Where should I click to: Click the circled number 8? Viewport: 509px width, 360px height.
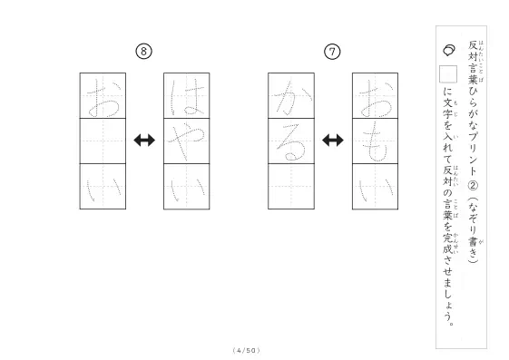pyautogui.click(x=143, y=52)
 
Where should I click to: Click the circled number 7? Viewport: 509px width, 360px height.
pyautogui.click(x=332, y=52)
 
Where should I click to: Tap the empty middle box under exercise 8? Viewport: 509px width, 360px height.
pyautogui.click(x=103, y=141)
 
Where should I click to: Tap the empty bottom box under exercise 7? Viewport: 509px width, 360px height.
pyautogui.click(x=291, y=187)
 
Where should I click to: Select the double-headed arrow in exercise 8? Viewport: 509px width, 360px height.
pyautogui.click(x=144, y=141)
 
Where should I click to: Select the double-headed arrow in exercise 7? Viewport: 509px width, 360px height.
pyautogui.click(x=333, y=141)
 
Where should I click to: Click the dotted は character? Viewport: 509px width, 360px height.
pyautogui.click(x=187, y=97)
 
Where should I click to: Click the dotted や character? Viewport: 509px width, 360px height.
pyautogui.click(x=186, y=141)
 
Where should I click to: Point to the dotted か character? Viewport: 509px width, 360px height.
pyautogui.click(x=292, y=98)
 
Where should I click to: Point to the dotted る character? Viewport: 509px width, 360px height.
pyautogui.click(x=291, y=142)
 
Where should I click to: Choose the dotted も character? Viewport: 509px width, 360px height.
pyautogui.click(x=375, y=142)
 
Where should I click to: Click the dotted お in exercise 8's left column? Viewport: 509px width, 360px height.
pyautogui.click(x=103, y=98)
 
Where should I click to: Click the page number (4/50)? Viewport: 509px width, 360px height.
pyautogui.click(x=247, y=350)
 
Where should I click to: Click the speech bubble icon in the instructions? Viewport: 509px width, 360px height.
pyautogui.click(x=449, y=50)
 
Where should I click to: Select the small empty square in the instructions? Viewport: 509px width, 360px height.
pyautogui.click(x=448, y=74)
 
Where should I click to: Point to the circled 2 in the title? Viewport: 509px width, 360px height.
pyautogui.click(x=473, y=186)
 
